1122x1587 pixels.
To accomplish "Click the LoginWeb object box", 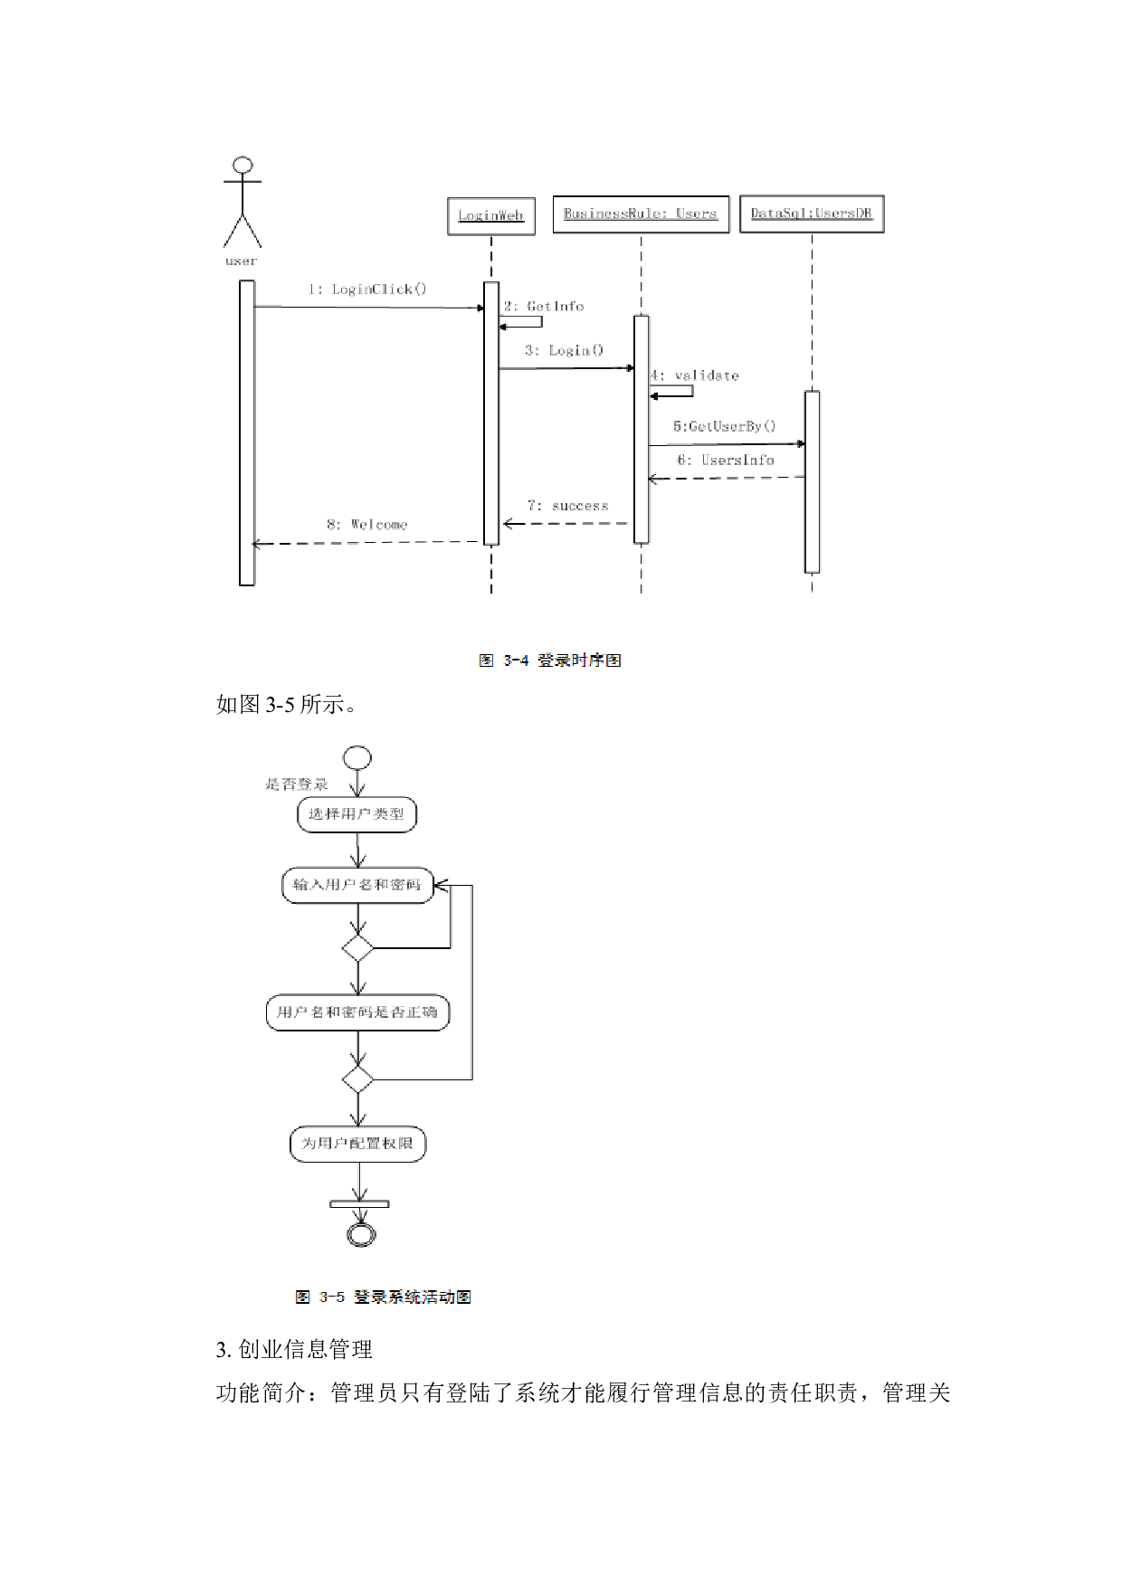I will pos(491,216).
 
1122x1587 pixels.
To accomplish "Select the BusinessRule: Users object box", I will pos(641,214).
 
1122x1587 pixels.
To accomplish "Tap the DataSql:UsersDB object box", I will pos(812,214).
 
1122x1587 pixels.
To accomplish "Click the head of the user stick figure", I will pos(242,166).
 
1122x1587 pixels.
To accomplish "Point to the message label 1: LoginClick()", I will pos(366,290).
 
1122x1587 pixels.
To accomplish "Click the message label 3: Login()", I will pos(564,350).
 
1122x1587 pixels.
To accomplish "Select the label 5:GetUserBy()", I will pos(724,426).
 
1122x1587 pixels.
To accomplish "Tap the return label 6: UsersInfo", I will pos(726,461).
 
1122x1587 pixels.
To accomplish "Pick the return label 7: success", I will pos(568,506).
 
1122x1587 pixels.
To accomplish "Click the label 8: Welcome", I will pos(366,525).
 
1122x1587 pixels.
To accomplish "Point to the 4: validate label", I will pos(695,375).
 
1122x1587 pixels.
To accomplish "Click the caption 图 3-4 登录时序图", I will pos(550,660).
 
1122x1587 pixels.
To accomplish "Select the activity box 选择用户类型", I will pos(357,814).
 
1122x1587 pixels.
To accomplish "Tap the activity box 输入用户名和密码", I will pos(357,885).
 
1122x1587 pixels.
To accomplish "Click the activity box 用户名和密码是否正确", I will pos(357,1012).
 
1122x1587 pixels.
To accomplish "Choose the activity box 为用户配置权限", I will pos(357,1144).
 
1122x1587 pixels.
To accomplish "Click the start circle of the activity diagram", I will pos(357,758).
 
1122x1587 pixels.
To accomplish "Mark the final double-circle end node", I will pos(361,1234).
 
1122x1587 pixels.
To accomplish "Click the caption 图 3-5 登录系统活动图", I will pos(383,1297).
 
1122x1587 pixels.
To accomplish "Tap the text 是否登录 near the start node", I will pos(297,784).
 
